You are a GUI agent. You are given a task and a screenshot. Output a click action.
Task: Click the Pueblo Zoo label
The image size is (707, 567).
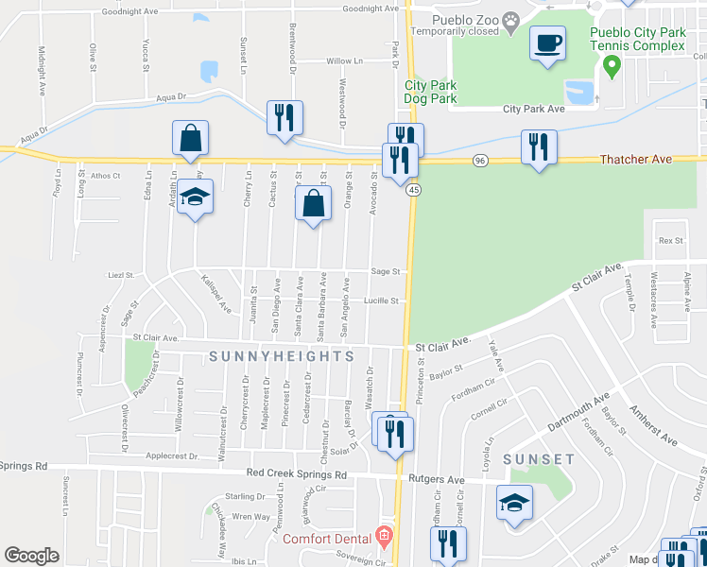tap(464, 20)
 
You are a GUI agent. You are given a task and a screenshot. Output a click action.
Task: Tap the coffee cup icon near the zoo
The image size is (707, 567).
tap(547, 43)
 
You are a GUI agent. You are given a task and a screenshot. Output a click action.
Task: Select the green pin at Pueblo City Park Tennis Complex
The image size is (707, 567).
tap(612, 66)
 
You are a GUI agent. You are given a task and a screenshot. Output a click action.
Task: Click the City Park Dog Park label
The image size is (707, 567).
tap(430, 91)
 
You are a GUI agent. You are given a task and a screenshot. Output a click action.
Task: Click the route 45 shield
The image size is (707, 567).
tap(414, 191)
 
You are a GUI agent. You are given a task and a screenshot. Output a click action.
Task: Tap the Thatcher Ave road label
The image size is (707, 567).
tap(635, 160)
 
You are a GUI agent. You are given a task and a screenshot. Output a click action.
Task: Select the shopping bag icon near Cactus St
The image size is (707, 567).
tap(313, 202)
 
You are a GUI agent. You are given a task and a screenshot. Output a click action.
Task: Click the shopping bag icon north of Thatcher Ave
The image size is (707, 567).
tap(190, 138)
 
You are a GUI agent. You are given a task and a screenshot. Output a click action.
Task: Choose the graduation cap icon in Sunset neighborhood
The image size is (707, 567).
tap(514, 502)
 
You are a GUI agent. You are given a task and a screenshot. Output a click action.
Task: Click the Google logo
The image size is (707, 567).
tap(31, 556)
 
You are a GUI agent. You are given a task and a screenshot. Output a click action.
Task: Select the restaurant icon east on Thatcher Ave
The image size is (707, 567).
tap(539, 146)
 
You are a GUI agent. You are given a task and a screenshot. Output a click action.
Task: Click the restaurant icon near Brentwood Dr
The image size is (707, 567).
tap(285, 117)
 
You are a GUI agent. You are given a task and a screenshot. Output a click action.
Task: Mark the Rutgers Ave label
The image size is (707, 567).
tap(437, 479)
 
